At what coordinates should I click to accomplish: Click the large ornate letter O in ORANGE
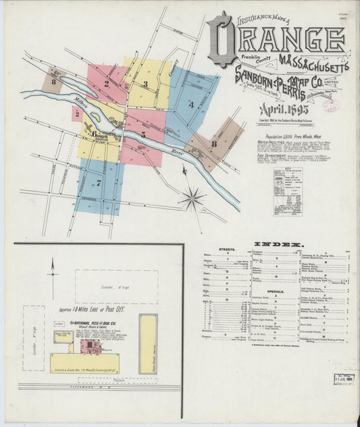tap(222, 39)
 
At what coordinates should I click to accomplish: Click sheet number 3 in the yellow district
tap(145, 84)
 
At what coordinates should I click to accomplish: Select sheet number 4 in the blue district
tap(191, 105)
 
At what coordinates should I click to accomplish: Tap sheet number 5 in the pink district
tap(143, 135)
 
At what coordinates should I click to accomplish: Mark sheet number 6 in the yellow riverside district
tap(94, 133)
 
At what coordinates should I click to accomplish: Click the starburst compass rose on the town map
tap(193, 199)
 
